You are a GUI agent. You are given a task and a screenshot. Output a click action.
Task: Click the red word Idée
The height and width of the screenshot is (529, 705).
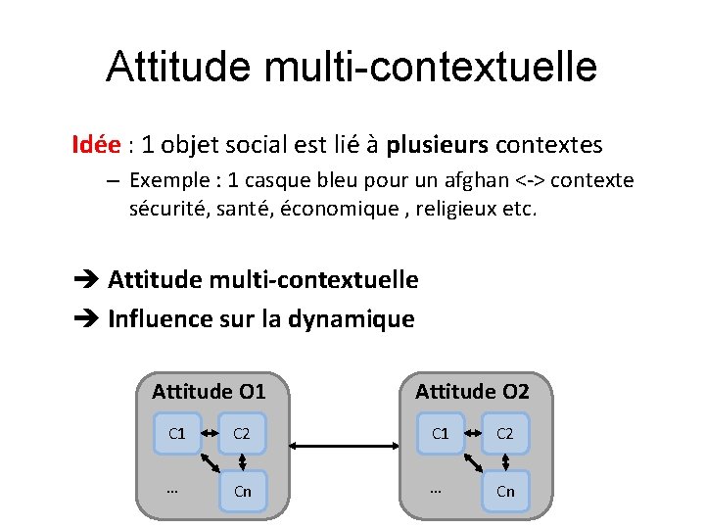[96, 145]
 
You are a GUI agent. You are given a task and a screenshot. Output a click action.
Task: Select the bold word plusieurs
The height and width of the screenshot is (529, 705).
[437, 146]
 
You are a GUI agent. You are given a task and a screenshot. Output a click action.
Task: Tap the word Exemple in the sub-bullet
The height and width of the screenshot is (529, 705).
[164, 181]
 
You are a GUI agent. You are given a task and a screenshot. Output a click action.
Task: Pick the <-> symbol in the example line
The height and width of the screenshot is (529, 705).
[530, 181]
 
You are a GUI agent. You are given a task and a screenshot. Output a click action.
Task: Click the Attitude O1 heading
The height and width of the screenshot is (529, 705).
[209, 392]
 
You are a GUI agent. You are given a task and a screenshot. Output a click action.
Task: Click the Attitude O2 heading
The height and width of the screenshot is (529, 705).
[472, 392]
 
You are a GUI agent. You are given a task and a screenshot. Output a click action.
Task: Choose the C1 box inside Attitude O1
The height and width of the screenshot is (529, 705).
[177, 433]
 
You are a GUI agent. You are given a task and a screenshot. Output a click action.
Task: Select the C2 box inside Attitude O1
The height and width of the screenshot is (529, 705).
[243, 433]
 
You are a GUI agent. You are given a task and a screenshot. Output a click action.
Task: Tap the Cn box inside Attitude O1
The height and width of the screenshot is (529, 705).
[243, 491]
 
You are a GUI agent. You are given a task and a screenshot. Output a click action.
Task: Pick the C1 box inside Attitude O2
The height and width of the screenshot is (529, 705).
[441, 433]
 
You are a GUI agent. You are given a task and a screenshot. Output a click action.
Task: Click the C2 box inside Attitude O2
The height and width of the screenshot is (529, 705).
[505, 433]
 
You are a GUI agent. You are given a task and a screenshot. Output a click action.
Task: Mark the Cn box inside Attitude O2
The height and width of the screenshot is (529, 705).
[505, 491]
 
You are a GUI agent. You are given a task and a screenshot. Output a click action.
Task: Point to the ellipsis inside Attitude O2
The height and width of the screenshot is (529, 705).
[437, 488]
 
